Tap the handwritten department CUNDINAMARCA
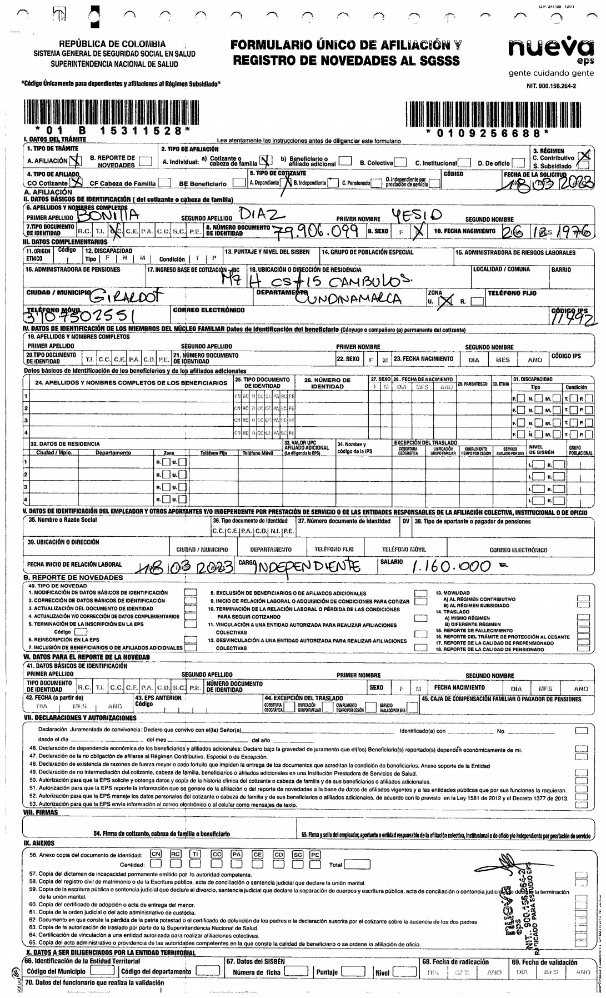(x=348, y=300)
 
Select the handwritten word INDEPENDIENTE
(x=308, y=567)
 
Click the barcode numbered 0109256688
(x=487, y=115)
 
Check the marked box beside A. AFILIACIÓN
(x=77, y=162)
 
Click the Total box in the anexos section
(x=358, y=865)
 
